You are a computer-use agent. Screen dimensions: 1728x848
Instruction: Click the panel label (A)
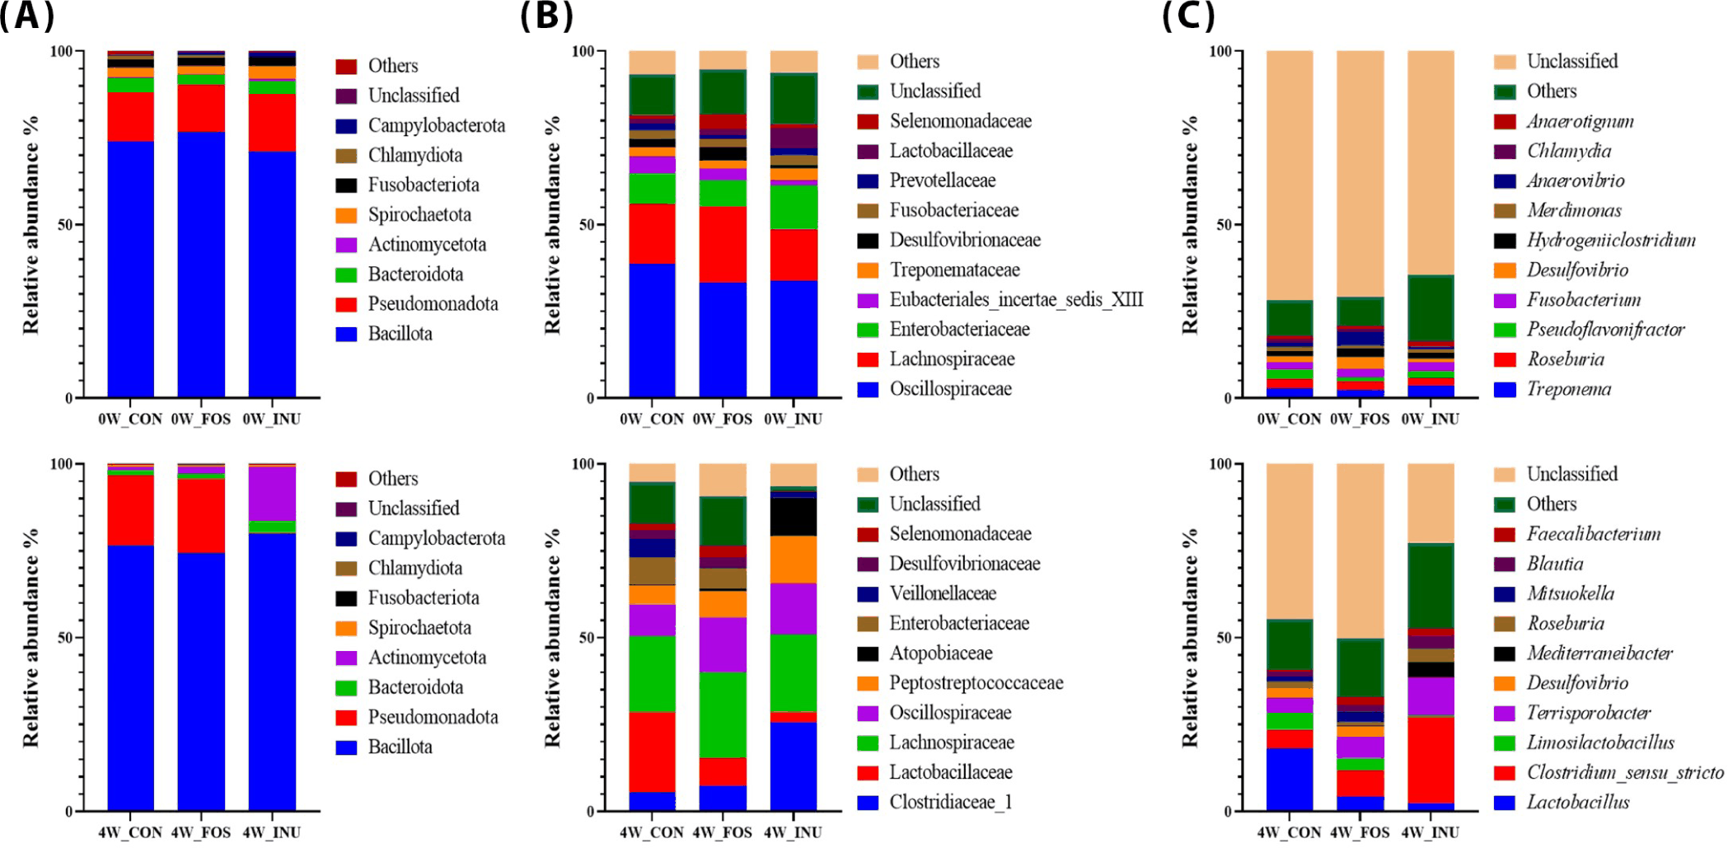(x=27, y=16)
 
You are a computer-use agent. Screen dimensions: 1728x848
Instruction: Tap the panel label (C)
(x=1188, y=16)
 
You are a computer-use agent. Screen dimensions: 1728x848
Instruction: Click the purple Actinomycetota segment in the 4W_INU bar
(x=272, y=494)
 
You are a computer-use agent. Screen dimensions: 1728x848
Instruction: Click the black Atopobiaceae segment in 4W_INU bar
(x=794, y=517)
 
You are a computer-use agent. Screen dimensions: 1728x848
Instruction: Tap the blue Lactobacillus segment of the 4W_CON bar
(x=1290, y=780)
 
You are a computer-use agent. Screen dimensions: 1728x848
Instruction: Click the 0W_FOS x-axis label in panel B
(x=723, y=419)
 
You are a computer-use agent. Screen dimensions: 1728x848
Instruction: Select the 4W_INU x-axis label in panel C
(x=1431, y=832)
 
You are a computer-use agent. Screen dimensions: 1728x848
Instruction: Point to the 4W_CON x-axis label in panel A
(x=130, y=832)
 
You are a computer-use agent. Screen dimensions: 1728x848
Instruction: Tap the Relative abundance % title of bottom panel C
(x=1190, y=637)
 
